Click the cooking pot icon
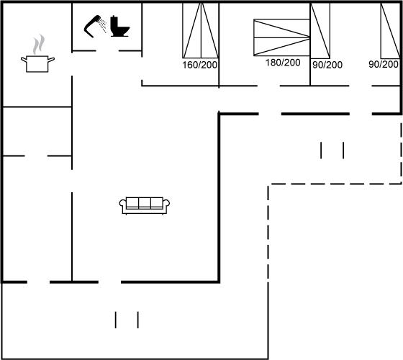37,64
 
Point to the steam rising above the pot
39,44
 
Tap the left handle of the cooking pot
24,60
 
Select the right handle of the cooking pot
51,60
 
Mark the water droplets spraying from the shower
103,25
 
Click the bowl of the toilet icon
123,31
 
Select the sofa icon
145,206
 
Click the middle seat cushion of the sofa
145,202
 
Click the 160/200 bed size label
200,65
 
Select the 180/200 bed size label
283,63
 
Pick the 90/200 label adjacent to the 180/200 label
327,65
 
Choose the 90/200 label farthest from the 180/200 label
384,64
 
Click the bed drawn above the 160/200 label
201,30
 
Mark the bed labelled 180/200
281,37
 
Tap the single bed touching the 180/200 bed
320,30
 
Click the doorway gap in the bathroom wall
107,51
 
